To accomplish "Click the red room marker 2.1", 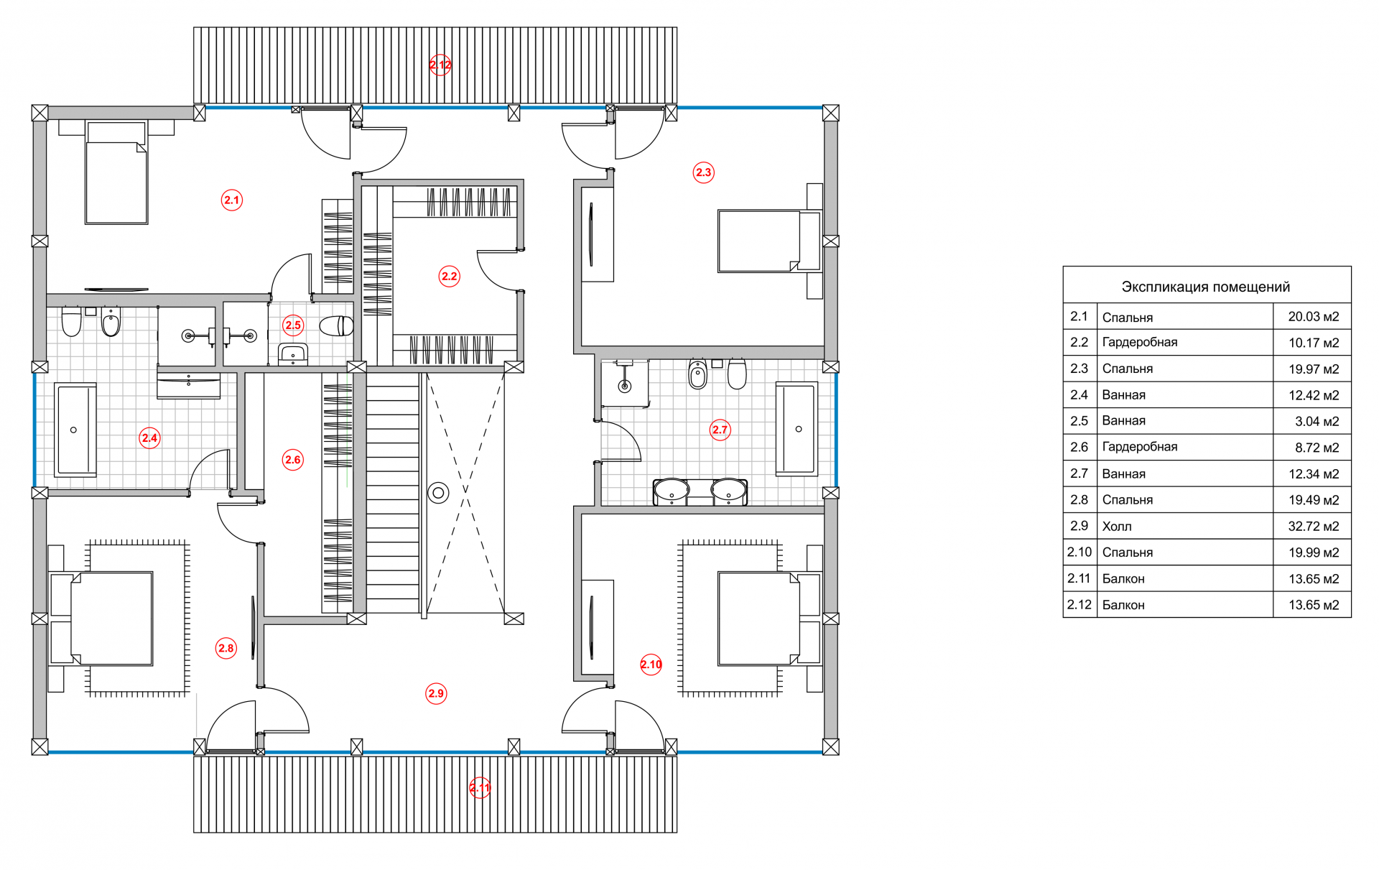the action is pos(231,200).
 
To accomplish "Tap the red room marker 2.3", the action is pos(703,172).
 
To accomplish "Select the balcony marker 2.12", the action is pos(440,65).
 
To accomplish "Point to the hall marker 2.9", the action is pos(436,693).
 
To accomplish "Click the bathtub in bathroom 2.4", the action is pos(75,430).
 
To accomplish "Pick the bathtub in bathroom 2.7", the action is pos(797,429).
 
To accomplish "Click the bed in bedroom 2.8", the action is pos(108,619).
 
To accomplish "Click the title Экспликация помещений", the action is pos(1205,287).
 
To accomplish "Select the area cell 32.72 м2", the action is pos(1313,526).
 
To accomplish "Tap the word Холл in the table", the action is pos(1117,527).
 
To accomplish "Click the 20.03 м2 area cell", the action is pos(1313,316).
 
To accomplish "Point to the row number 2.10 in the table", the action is pos(1079,552).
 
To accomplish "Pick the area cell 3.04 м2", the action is pos(1317,421).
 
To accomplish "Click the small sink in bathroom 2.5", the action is pos(293,353).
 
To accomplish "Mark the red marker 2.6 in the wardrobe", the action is pos(292,460).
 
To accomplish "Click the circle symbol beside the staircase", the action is pos(438,493).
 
